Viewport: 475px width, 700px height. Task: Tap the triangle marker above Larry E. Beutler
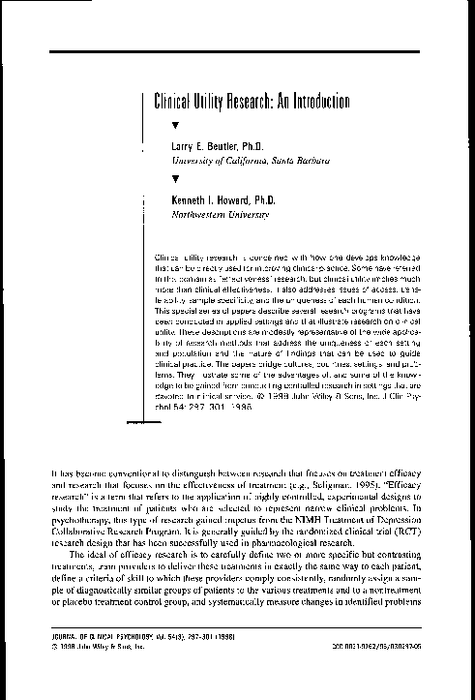174,126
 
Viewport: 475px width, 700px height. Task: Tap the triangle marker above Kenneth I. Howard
174,178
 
